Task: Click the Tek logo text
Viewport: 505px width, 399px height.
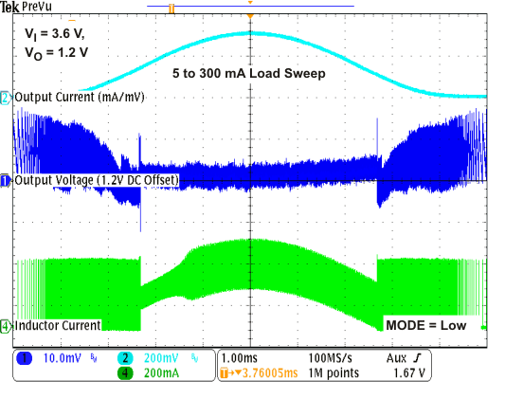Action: coord(9,7)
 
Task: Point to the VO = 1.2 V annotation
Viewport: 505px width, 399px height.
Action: coord(57,52)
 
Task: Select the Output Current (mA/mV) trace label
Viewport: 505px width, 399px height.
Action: coord(80,97)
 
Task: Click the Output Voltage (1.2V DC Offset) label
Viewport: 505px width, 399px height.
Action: coord(97,180)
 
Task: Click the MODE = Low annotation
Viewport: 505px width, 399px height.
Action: coord(425,325)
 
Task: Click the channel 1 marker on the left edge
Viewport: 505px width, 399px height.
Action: coord(6,180)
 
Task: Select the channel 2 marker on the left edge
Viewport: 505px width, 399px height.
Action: coord(6,98)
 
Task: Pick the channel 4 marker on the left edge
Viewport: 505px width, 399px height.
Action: coord(6,327)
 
